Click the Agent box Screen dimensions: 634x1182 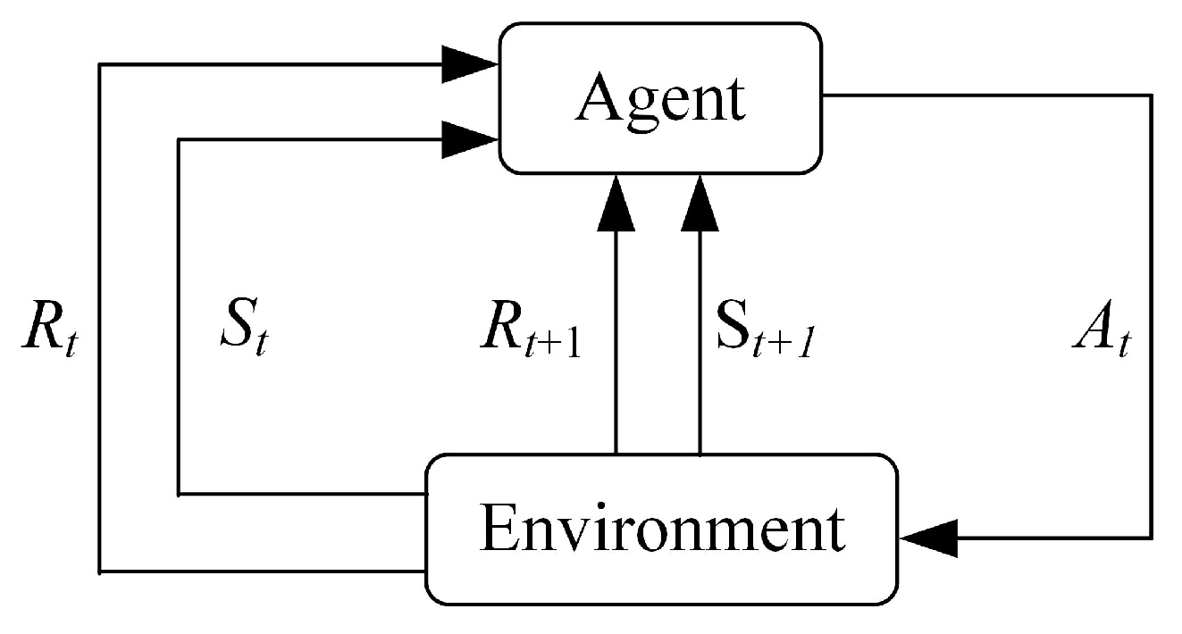click(660, 98)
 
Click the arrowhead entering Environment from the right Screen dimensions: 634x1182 click(929, 538)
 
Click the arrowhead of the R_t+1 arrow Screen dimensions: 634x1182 click(616, 201)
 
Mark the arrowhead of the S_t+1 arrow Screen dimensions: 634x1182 click(699, 201)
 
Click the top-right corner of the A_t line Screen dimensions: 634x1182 click(1150, 94)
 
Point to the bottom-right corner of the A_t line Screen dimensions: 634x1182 click(1150, 538)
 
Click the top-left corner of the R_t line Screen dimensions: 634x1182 click(100, 64)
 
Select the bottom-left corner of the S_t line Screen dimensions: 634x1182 click(180, 493)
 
